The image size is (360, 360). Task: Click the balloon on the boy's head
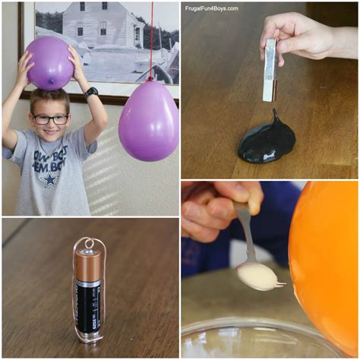click(x=49, y=62)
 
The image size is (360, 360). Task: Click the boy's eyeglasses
click(x=50, y=119)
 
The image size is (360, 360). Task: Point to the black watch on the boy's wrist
click(x=91, y=93)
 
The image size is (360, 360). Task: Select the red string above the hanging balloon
click(x=150, y=38)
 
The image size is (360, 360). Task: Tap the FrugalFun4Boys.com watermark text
click(x=212, y=8)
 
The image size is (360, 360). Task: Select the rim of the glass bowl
click(x=251, y=327)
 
